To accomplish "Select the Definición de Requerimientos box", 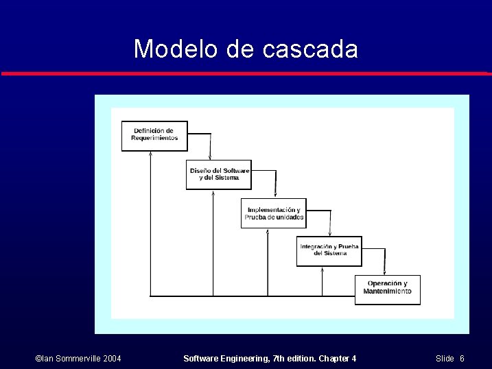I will [x=154, y=135].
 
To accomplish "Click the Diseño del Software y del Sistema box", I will [x=219, y=174].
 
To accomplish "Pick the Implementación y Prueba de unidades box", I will [x=274, y=213].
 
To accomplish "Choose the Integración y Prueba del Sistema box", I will [x=329, y=250].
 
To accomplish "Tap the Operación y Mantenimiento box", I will [x=387, y=289].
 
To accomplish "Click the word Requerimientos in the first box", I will [x=154, y=139].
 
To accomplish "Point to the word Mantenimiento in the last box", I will [x=387, y=291].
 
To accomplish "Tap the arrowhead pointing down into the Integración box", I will [x=330, y=233].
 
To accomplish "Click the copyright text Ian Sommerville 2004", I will [x=78, y=359].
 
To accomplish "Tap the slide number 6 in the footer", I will [x=462, y=359].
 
